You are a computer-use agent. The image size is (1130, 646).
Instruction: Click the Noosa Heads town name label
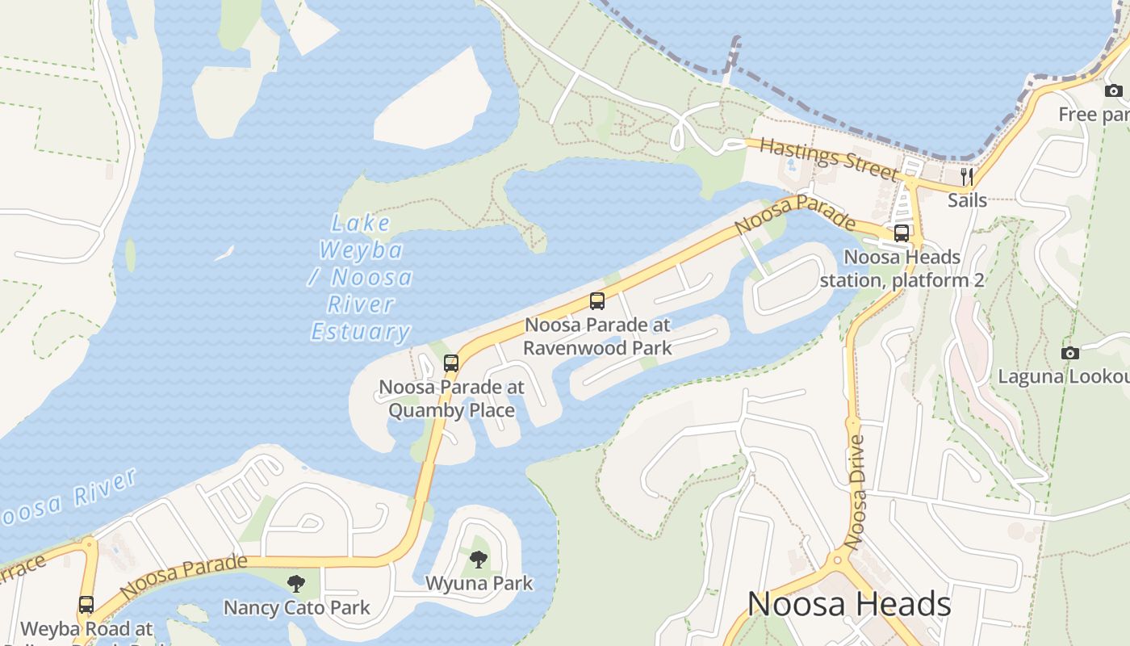(849, 604)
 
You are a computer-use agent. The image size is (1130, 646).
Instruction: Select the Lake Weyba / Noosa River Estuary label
(361, 277)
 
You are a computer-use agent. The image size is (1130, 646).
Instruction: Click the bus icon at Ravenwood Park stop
(597, 301)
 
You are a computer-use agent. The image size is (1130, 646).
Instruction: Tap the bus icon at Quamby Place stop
(451, 363)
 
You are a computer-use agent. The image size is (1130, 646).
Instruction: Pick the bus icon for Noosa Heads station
(902, 233)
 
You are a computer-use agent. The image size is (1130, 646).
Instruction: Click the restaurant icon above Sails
(966, 176)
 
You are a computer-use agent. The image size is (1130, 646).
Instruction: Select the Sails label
(967, 199)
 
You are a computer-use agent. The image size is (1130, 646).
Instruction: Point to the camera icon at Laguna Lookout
(1070, 353)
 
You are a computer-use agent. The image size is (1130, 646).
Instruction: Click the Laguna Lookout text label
(1063, 376)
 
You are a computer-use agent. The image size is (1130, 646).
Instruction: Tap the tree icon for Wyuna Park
(479, 559)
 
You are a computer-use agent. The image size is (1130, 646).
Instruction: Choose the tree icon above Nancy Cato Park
(296, 583)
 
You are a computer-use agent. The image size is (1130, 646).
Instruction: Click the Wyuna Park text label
(479, 583)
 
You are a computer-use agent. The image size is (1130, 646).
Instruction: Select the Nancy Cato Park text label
(296, 607)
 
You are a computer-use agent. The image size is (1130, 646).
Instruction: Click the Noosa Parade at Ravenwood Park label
(597, 336)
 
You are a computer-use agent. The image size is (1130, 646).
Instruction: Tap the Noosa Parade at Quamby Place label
(451, 398)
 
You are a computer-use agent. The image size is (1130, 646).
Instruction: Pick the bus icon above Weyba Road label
(86, 604)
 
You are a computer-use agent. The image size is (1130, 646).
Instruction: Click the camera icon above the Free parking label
(1114, 90)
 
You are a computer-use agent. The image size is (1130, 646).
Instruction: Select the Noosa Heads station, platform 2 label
(902, 269)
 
